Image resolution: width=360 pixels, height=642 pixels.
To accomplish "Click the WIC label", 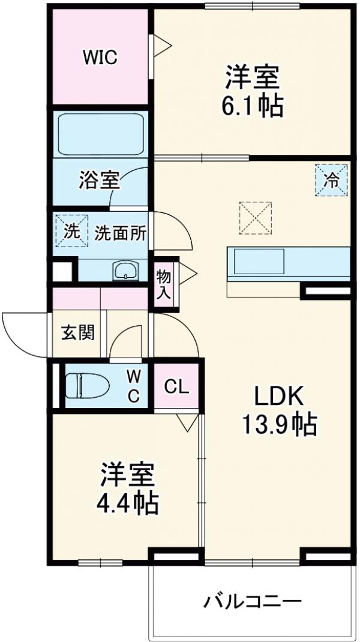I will click(x=100, y=58).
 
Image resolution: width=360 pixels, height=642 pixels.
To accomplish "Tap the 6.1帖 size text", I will click(x=252, y=107).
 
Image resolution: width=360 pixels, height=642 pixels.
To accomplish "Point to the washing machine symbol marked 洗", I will click(x=68, y=230).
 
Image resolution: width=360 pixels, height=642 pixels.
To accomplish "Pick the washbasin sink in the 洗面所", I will click(x=125, y=271).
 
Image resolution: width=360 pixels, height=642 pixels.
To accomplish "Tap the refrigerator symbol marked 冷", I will click(x=332, y=179).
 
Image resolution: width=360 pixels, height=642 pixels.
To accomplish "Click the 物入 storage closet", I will click(x=164, y=284).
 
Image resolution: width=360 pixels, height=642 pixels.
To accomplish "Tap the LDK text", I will click(x=280, y=397).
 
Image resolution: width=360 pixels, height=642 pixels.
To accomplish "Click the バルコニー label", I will click(x=251, y=601).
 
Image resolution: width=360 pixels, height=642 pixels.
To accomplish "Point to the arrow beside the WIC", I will click(x=163, y=43).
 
